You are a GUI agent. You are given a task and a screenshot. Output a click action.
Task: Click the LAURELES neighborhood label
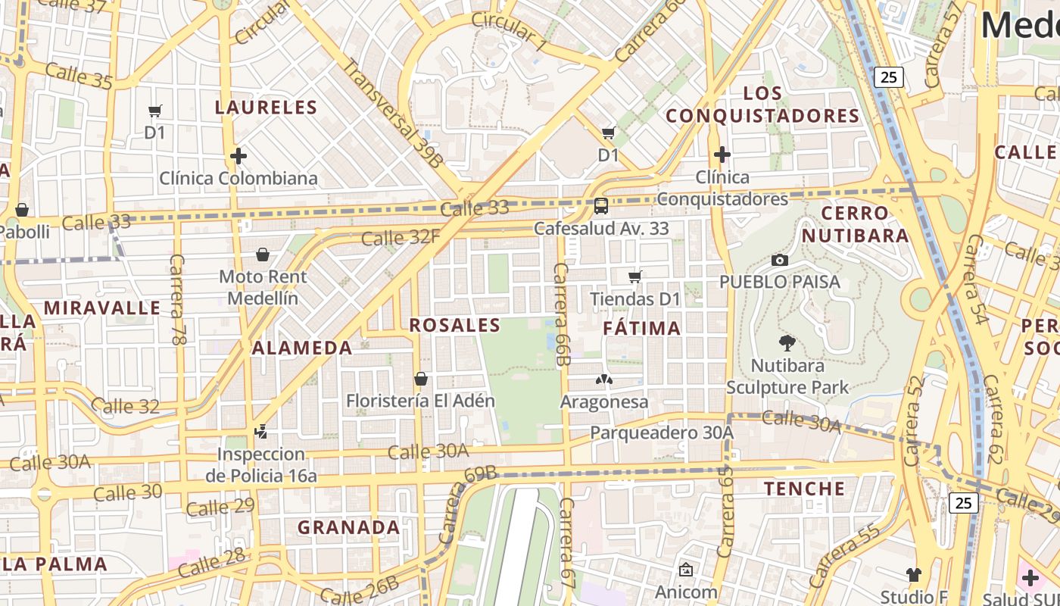pos(266,107)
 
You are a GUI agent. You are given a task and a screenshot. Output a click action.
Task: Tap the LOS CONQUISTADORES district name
pos(762,105)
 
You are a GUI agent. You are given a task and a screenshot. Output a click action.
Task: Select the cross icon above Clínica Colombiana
pos(238,157)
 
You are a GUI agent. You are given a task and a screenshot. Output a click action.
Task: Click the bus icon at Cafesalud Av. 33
pos(601,205)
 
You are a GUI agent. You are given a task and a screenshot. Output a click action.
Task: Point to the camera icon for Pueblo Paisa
pos(780,260)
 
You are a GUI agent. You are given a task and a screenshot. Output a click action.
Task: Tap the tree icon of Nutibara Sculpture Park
pos(787,343)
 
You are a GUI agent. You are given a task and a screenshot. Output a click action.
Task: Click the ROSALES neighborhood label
pos(454,325)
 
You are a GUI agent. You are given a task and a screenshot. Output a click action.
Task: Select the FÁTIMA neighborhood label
pos(642,328)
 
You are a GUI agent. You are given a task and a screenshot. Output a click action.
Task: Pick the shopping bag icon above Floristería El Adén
pos(421,378)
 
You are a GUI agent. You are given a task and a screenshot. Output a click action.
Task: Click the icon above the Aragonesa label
pos(604,380)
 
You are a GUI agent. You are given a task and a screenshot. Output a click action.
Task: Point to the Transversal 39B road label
pos(391,112)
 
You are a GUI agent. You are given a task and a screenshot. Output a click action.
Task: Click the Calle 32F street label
pos(400,238)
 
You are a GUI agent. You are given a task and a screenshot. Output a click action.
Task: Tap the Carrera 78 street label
pos(178,300)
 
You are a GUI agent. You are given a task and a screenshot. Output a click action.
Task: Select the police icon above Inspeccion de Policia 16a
pos(261,432)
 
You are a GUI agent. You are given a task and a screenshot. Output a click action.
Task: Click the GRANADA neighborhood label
pos(348,527)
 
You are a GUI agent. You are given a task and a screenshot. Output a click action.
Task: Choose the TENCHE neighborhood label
pos(804,489)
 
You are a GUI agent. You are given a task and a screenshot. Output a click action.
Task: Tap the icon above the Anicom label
pos(686,570)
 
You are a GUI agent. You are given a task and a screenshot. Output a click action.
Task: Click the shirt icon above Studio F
pos(914,575)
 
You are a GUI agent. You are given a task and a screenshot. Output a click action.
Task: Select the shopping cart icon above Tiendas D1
pos(635,276)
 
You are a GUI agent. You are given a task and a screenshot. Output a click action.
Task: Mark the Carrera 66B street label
pos(561,314)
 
